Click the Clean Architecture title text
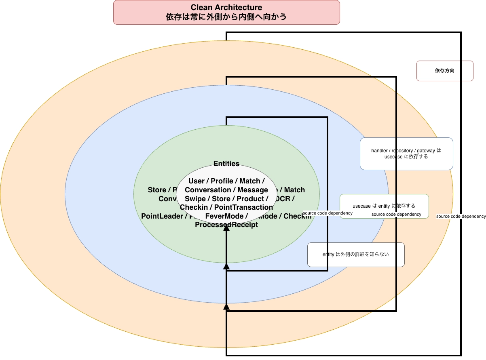(226, 8)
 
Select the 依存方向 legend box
(444, 71)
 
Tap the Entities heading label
(226, 164)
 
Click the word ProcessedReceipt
(226, 225)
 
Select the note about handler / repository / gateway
(406, 154)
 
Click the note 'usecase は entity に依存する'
(384, 206)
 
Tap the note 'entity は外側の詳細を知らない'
(356, 255)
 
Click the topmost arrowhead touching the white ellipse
(226, 227)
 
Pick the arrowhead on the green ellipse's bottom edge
(226, 266)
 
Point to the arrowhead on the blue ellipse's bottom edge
(226, 306)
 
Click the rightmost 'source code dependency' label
(461, 217)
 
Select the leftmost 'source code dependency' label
(328, 213)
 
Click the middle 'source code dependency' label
(396, 215)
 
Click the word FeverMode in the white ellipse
(224, 216)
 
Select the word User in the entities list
(197, 181)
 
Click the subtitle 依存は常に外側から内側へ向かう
(226, 17)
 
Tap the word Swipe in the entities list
(195, 199)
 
